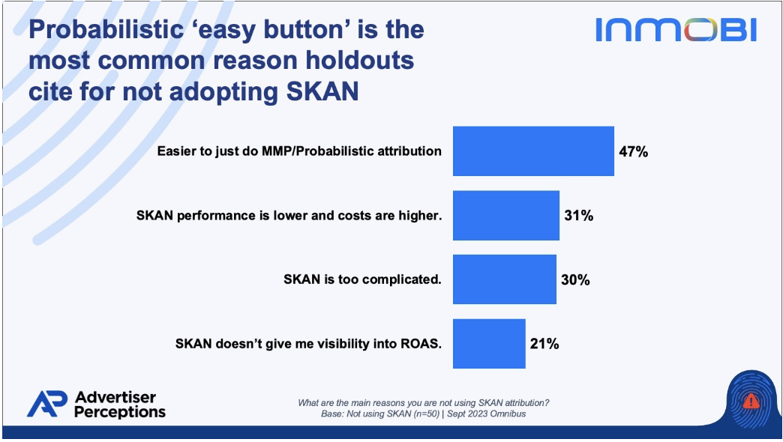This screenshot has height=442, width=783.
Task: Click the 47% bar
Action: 533,151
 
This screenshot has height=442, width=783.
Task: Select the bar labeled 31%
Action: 505,216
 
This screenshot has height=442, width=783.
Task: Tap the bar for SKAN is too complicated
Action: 504,279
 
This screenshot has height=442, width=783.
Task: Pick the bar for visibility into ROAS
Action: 489,344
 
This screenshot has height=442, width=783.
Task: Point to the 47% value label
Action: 633,151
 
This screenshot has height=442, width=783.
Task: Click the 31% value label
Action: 579,216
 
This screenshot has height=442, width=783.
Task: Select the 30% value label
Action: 575,280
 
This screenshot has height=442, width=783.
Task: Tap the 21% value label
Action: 544,344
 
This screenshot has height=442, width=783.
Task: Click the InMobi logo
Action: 676,30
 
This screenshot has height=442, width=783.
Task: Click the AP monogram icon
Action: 47,404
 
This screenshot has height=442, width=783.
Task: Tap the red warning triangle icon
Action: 751,401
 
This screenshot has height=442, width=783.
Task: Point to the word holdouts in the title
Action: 359,61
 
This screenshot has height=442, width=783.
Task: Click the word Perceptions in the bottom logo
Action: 120,412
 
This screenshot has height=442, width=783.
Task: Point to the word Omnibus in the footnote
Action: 508,414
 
